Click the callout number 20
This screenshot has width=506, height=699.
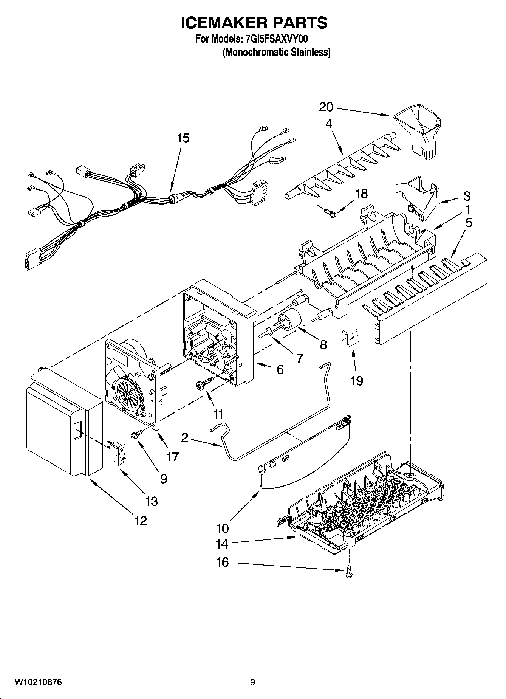tap(326, 107)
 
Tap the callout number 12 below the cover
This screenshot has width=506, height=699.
tap(140, 521)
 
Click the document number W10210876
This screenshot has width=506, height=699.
tap(38, 682)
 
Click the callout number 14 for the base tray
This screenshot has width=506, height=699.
tap(222, 544)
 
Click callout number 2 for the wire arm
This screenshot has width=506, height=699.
tap(184, 438)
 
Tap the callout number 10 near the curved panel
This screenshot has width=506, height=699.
tap(223, 528)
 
